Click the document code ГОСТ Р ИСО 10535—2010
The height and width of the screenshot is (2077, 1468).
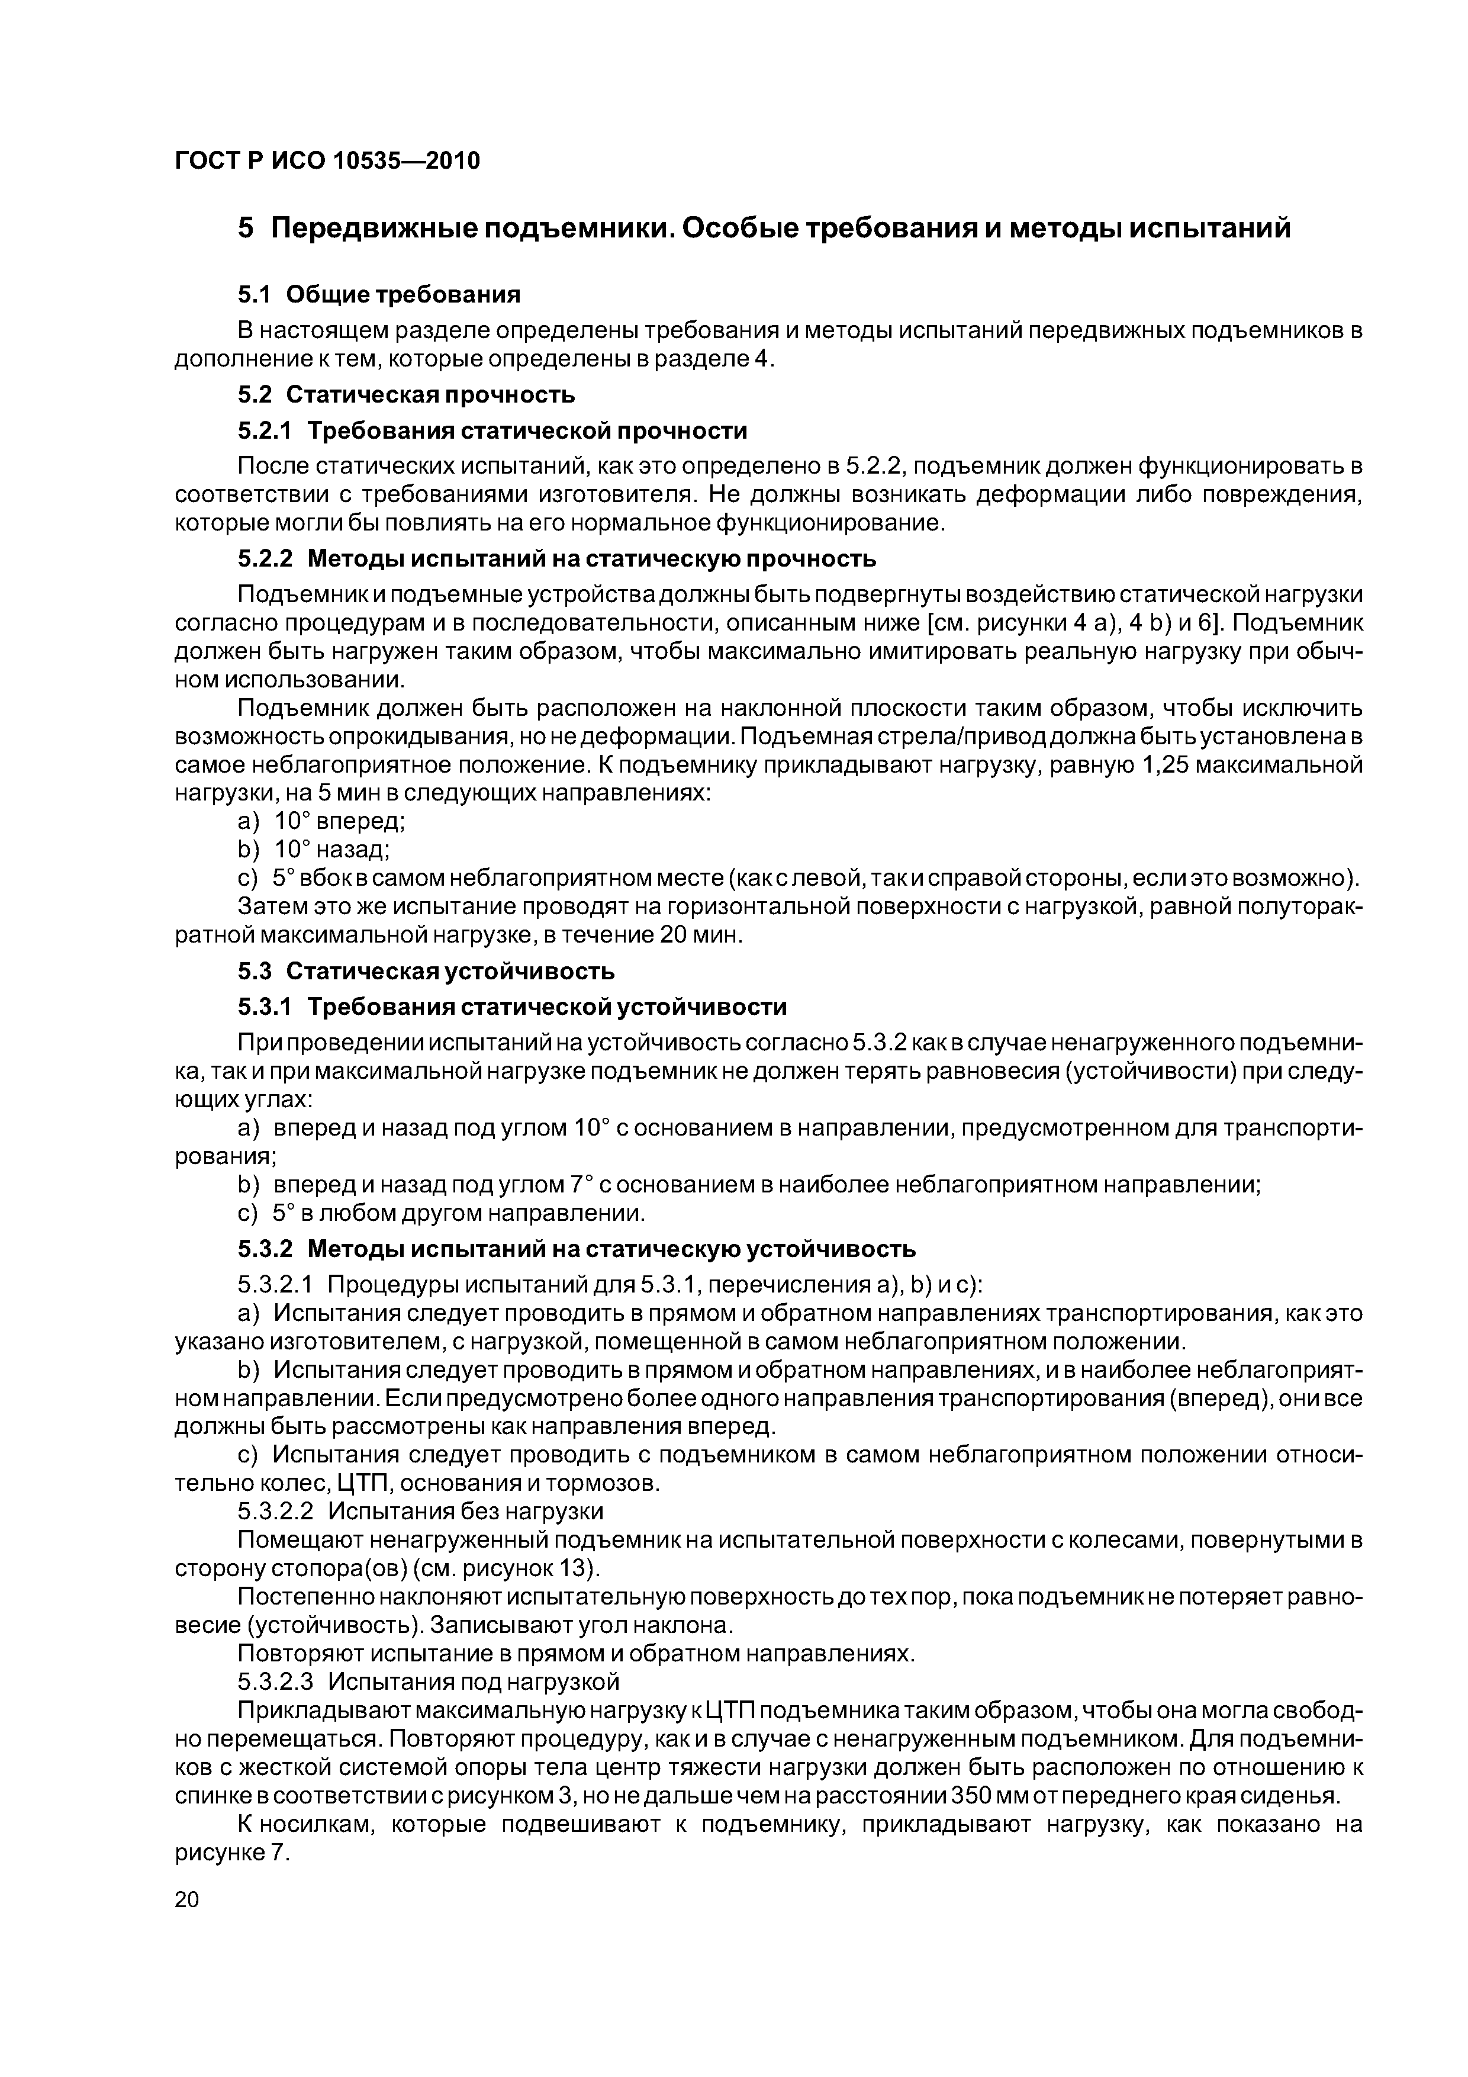click(327, 161)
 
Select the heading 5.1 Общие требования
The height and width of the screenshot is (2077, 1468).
click(380, 294)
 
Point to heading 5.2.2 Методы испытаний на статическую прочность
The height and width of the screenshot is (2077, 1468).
click(556, 559)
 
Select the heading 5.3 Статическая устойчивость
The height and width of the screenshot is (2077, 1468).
click(426, 970)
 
